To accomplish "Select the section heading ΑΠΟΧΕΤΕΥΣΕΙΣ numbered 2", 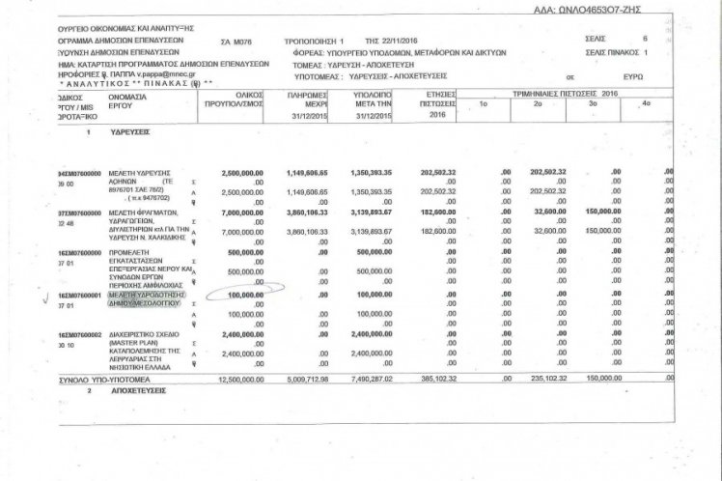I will (x=144, y=395).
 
